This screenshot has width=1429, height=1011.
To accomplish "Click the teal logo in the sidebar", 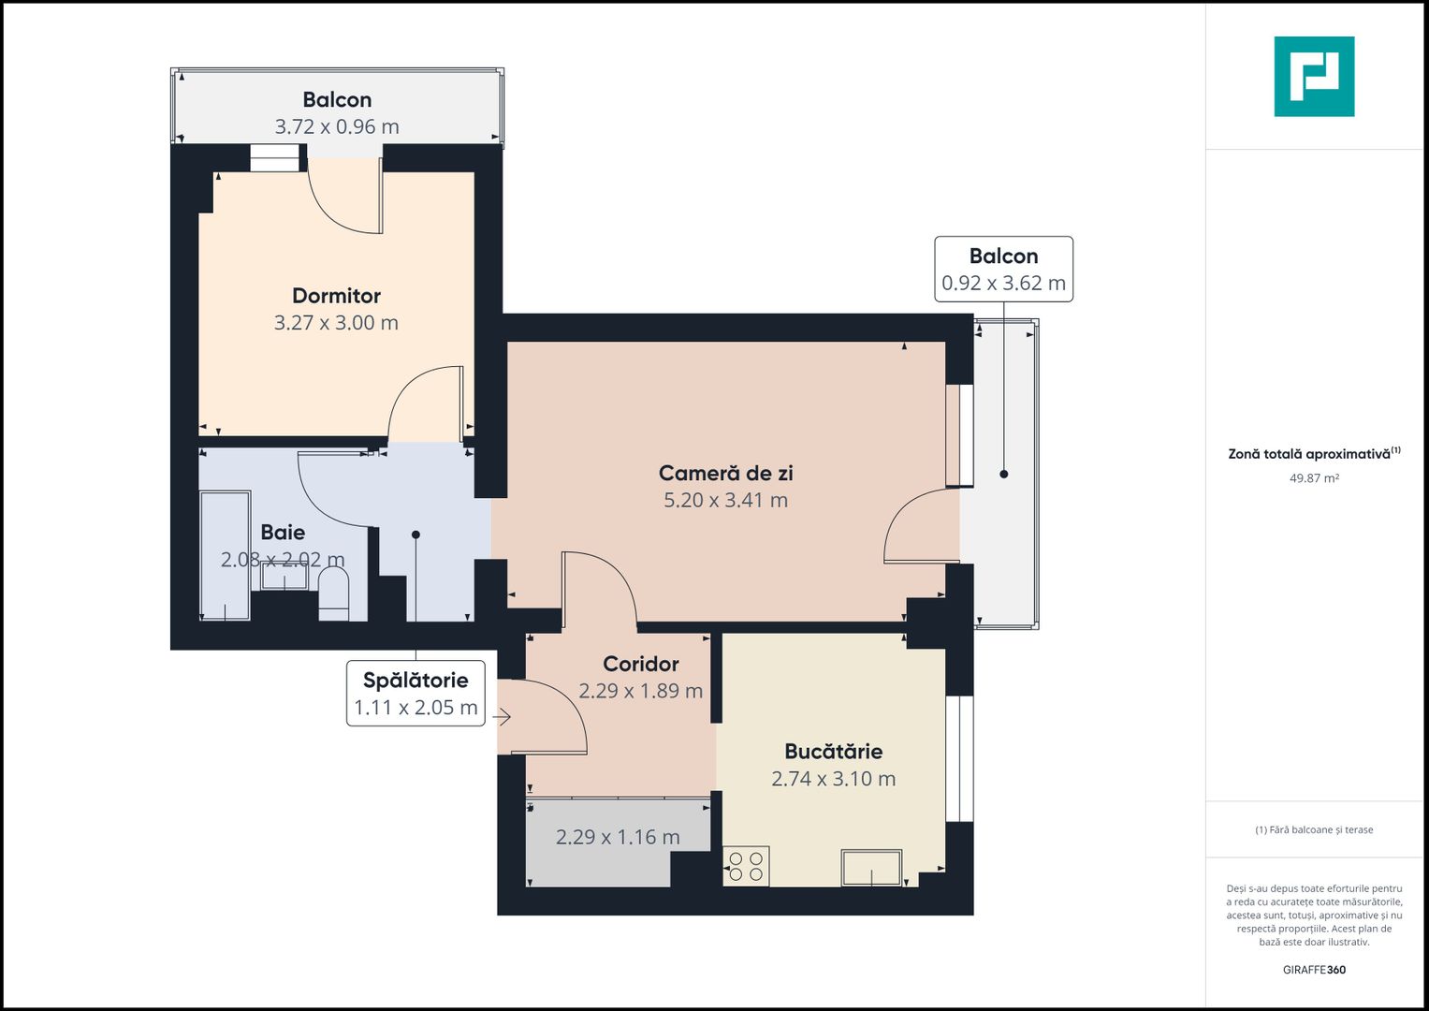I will tap(1314, 77).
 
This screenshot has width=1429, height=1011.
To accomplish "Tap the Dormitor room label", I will tap(336, 296).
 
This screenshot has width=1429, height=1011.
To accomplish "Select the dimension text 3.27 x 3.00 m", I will tap(336, 323).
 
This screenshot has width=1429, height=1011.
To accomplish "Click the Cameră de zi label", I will tap(725, 473).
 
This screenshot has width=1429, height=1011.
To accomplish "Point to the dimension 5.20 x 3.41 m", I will tap(725, 500).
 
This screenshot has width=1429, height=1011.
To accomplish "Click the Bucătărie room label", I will tap(833, 751).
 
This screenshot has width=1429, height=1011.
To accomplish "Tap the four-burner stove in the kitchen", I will tap(746, 866).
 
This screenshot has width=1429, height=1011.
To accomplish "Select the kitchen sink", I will tap(871, 867).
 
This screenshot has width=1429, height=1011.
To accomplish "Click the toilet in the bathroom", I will tap(333, 594).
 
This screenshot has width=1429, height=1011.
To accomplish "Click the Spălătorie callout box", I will tap(416, 694).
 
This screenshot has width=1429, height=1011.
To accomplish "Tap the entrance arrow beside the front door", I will tap(503, 718).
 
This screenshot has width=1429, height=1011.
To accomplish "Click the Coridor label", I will tap(640, 664).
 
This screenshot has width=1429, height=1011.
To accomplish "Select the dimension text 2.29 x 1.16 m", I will tap(618, 837).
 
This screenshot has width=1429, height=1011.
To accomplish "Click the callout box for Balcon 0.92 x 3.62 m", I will tap(1003, 269).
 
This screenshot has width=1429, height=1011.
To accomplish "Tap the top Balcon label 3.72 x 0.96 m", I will tap(337, 112).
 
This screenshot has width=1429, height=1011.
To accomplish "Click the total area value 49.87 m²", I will tap(1314, 478).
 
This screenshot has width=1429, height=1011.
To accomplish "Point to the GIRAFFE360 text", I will tap(1314, 970).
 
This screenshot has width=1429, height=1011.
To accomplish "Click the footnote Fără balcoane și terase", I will tap(1314, 829).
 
